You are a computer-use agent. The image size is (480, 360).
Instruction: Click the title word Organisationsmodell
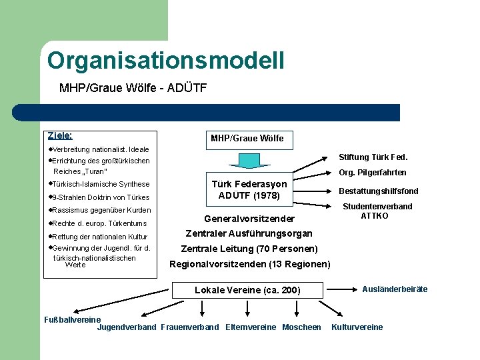(x=166, y=61)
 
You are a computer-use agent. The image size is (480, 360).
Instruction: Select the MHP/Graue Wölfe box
(x=247, y=138)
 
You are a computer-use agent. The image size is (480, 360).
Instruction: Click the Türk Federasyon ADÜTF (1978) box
(x=249, y=190)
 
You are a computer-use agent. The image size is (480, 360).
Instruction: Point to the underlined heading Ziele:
(x=60, y=135)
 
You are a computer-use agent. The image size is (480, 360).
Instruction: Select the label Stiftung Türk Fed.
(x=373, y=157)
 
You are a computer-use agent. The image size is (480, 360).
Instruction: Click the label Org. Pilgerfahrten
(x=372, y=173)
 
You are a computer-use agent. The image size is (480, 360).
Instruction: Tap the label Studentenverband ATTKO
(x=377, y=211)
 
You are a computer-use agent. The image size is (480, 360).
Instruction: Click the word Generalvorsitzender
(x=249, y=219)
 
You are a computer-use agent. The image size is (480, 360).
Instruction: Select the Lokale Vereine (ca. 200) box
(x=247, y=290)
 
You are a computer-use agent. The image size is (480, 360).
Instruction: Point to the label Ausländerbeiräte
(x=395, y=289)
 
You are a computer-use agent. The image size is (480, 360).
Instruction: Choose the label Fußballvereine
(x=71, y=319)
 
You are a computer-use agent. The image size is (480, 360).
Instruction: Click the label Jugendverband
(x=127, y=327)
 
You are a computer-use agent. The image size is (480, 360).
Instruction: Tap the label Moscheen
(x=301, y=327)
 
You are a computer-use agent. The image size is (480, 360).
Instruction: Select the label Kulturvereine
(x=357, y=327)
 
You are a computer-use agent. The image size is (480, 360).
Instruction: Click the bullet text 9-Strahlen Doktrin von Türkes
(x=99, y=197)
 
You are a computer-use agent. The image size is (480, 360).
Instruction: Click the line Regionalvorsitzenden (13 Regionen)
(x=250, y=265)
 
